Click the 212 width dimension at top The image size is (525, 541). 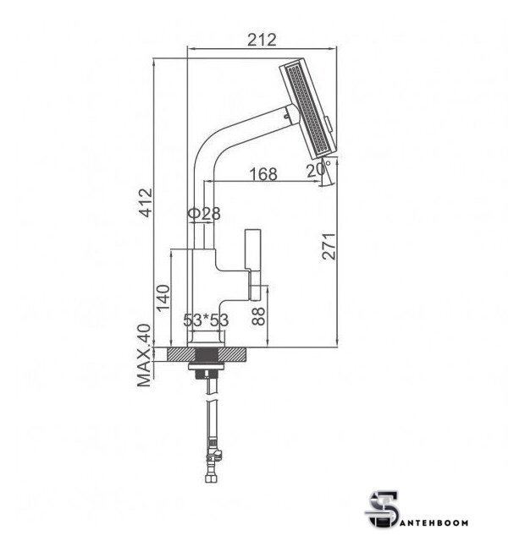[x=262, y=40]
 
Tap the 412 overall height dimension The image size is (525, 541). [x=146, y=202]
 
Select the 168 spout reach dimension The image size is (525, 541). [x=263, y=174]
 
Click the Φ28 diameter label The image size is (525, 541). [x=204, y=214]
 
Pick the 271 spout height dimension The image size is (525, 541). [x=329, y=246]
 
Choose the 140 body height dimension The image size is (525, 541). [x=163, y=298]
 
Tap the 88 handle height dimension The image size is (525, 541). [x=258, y=316]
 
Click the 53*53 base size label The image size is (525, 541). [x=206, y=320]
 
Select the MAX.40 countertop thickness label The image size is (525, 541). [x=144, y=356]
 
